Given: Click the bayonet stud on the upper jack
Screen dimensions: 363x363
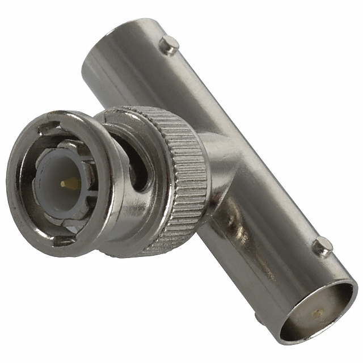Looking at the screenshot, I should click(x=168, y=44).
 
